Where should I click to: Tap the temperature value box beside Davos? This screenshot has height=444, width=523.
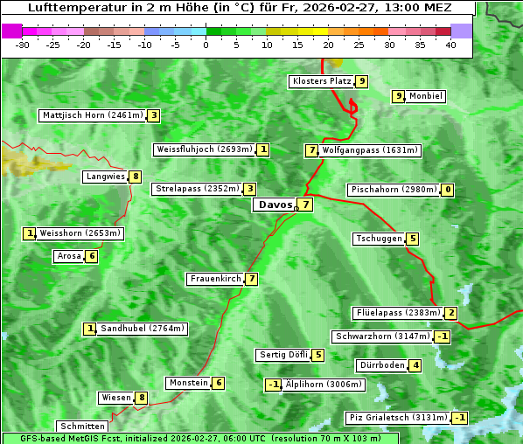tap(304, 205)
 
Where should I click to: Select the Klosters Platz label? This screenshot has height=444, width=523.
tap(321, 81)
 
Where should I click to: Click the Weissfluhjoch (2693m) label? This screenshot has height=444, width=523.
tap(205, 149)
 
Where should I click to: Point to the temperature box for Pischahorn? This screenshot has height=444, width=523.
tap(448, 190)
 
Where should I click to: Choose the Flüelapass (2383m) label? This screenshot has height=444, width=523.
tap(396, 313)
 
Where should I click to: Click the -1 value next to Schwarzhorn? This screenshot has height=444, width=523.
tap(443, 336)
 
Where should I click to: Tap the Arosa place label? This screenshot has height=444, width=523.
tap(69, 256)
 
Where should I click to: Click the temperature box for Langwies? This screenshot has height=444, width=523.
tap(135, 177)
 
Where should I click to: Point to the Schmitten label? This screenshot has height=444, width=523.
tap(81, 427)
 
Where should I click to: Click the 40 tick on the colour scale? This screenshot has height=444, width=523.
tap(450, 45)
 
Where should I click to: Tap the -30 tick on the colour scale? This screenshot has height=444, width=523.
tap(23, 45)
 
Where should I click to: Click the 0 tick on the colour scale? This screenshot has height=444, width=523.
tap(206, 45)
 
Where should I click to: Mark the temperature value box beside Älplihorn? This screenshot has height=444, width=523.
tap(273, 385)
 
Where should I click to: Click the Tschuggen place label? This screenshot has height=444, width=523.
tap(379, 239)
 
